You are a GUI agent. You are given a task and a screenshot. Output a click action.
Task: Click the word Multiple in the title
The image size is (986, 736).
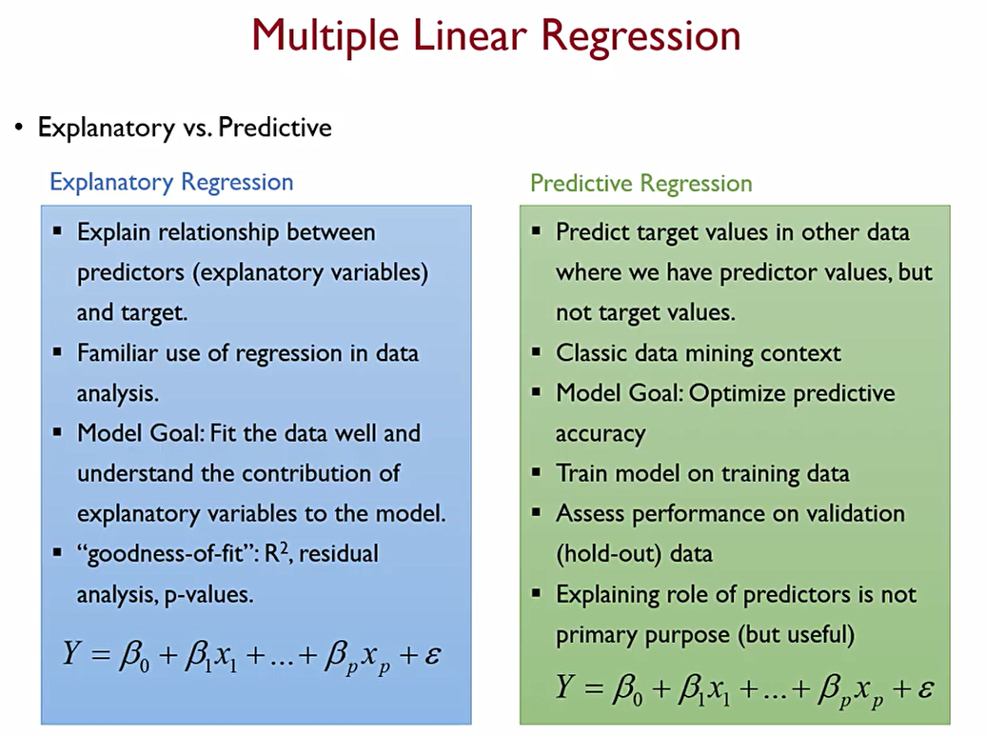[x=325, y=36]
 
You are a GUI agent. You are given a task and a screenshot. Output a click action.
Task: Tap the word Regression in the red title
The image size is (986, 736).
[x=641, y=36]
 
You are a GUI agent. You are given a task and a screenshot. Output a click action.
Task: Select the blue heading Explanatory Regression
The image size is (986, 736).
[x=171, y=183]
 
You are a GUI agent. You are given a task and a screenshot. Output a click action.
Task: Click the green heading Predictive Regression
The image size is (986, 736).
[x=641, y=183]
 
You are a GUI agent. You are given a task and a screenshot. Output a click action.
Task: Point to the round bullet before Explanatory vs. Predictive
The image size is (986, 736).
[x=19, y=128]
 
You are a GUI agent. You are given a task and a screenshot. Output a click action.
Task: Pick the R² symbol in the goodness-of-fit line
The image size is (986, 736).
[x=277, y=552]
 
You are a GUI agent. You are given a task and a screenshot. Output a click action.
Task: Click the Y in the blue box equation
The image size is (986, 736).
[x=71, y=652]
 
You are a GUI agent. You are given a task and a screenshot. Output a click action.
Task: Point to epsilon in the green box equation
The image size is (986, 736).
[x=925, y=687]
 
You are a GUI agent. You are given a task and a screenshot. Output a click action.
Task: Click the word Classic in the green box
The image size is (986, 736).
[x=590, y=353]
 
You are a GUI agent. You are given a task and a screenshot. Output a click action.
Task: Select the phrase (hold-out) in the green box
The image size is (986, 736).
[x=609, y=554]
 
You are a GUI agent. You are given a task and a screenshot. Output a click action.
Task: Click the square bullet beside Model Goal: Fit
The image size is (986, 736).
[x=58, y=432]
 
